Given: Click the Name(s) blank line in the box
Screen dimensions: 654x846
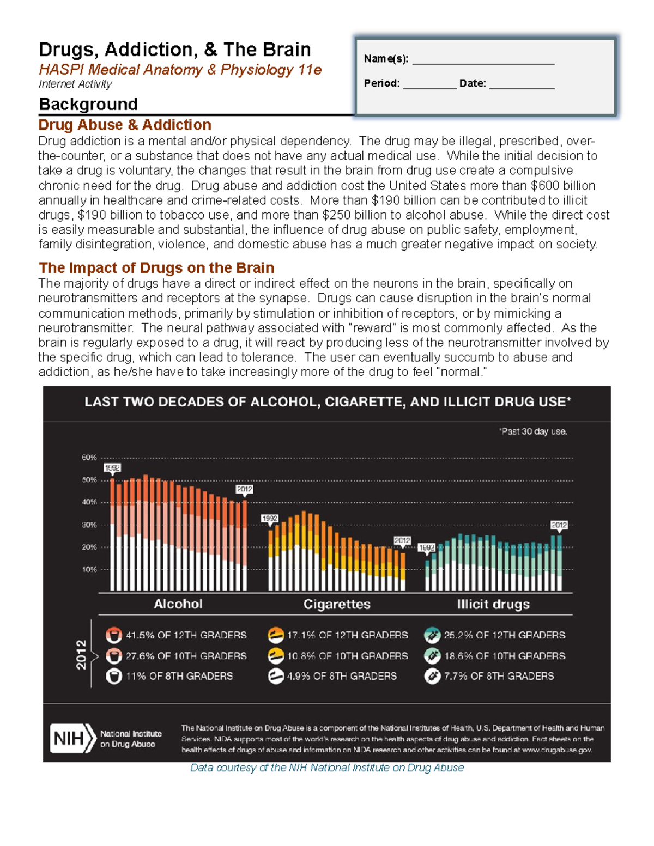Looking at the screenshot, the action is tap(483, 64).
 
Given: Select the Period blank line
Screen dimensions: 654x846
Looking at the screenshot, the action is tap(429, 89).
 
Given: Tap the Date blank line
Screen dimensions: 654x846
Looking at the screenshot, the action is tap(522, 89).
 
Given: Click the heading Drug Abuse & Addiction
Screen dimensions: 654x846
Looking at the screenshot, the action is tap(125, 125).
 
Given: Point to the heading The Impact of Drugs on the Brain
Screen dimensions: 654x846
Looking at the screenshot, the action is tap(156, 268).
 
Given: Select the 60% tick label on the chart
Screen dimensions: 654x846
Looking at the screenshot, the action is tap(89, 458).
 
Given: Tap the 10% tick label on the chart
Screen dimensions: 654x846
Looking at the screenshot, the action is tap(89, 569).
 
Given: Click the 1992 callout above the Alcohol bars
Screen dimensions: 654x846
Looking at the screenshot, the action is tap(112, 468).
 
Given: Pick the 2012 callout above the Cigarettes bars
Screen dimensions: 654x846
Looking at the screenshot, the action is tap(402, 541).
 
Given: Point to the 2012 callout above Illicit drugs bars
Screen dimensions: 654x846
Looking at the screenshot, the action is tap(559, 526).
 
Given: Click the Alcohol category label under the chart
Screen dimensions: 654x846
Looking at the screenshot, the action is tap(178, 604).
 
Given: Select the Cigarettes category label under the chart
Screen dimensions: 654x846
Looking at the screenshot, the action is tap(337, 604).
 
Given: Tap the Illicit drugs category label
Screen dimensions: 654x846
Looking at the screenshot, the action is tap(493, 604).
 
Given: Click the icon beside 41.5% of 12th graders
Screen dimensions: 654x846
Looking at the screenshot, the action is tap(114, 635).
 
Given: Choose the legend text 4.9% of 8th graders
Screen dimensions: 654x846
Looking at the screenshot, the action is tap(342, 676).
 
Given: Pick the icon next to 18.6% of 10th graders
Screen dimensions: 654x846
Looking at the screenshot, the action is tap(432, 656).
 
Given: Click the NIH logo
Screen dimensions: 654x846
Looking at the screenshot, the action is tap(73, 738).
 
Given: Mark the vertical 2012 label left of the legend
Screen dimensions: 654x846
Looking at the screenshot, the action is tap(81, 655).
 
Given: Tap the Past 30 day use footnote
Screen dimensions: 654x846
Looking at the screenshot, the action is tap(533, 431).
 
